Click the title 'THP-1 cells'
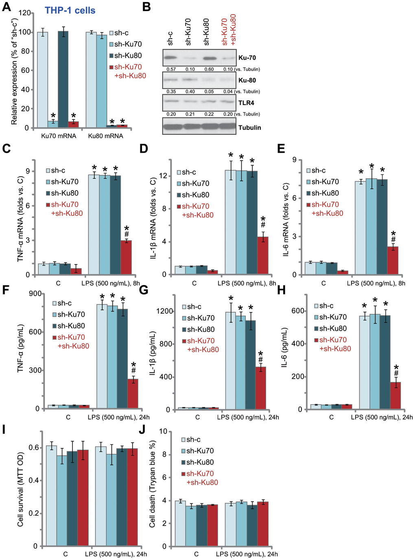pos(70,10)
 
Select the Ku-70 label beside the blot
pos(247,58)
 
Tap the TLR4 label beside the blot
pos(246,103)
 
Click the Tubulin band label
pos(249,127)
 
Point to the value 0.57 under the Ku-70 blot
pos(171,69)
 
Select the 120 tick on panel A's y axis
pos(24,13)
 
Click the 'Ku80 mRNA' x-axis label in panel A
pos(105,136)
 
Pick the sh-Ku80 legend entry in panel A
pos(125,55)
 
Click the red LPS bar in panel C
pos(126,257)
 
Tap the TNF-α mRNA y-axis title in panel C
pos(21,219)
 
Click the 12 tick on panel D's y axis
pos(163,176)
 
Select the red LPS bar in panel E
pos(393,260)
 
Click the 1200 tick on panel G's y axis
pos(166,311)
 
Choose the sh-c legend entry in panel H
pos(324,306)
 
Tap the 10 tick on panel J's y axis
pos(163,431)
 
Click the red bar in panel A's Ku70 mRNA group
pos(73,124)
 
